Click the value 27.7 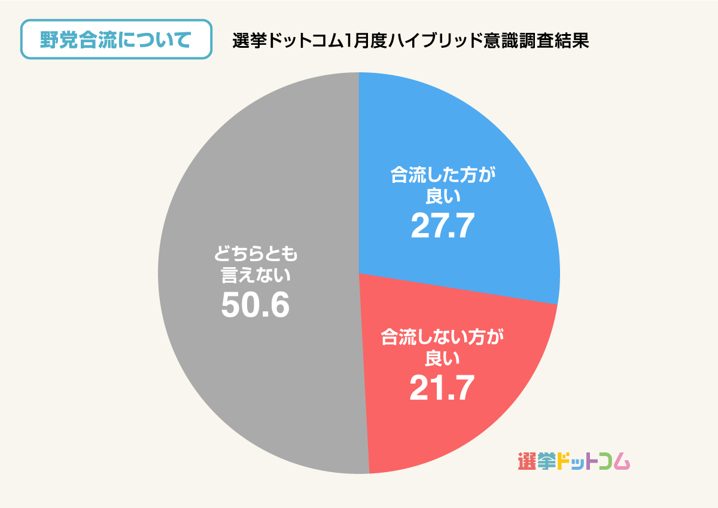click(x=443, y=226)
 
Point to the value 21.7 click(x=442, y=387)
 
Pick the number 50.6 click(x=255, y=305)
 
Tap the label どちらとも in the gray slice click(x=256, y=256)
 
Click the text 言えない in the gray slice click(x=256, y=276)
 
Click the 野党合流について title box click(x=117, y=39)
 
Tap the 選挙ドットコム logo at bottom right click(x=574, y=461)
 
